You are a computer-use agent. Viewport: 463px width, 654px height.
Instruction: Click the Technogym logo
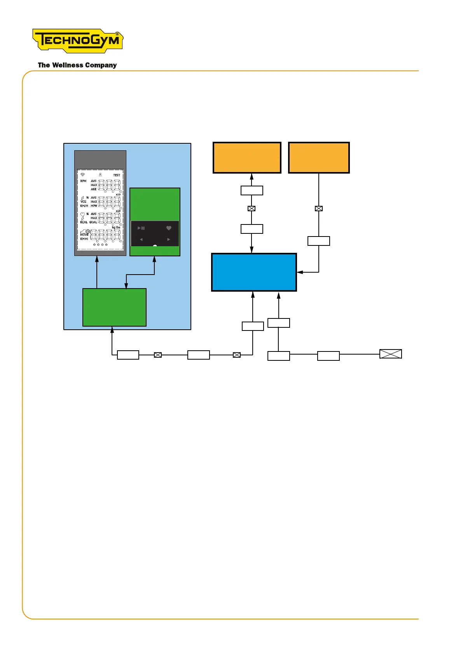78,40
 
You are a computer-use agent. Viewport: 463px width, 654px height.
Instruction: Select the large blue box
254,272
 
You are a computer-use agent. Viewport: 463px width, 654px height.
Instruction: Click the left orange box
247,158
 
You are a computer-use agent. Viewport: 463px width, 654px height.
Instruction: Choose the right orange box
319,158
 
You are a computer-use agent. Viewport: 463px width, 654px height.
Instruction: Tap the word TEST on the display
117,175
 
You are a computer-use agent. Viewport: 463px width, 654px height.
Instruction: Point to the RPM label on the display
83,181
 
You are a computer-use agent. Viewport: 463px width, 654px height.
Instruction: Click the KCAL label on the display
84,222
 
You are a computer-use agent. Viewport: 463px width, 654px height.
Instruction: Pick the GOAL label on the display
93,222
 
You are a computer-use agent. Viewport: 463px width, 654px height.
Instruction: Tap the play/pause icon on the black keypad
141,228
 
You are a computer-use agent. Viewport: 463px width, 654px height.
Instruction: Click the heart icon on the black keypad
169,228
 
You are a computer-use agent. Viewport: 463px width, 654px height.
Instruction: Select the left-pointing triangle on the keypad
141,240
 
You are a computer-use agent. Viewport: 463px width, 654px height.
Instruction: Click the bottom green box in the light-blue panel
114,307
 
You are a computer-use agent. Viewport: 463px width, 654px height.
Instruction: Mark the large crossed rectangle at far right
390,354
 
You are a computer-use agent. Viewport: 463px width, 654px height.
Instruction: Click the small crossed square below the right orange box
319,209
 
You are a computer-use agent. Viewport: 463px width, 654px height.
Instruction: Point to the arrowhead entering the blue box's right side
300,272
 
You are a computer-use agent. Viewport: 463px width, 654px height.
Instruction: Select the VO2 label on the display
83,202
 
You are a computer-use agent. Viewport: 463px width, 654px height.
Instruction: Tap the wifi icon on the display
82,175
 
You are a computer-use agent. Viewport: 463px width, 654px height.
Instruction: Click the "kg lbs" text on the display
116,228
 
